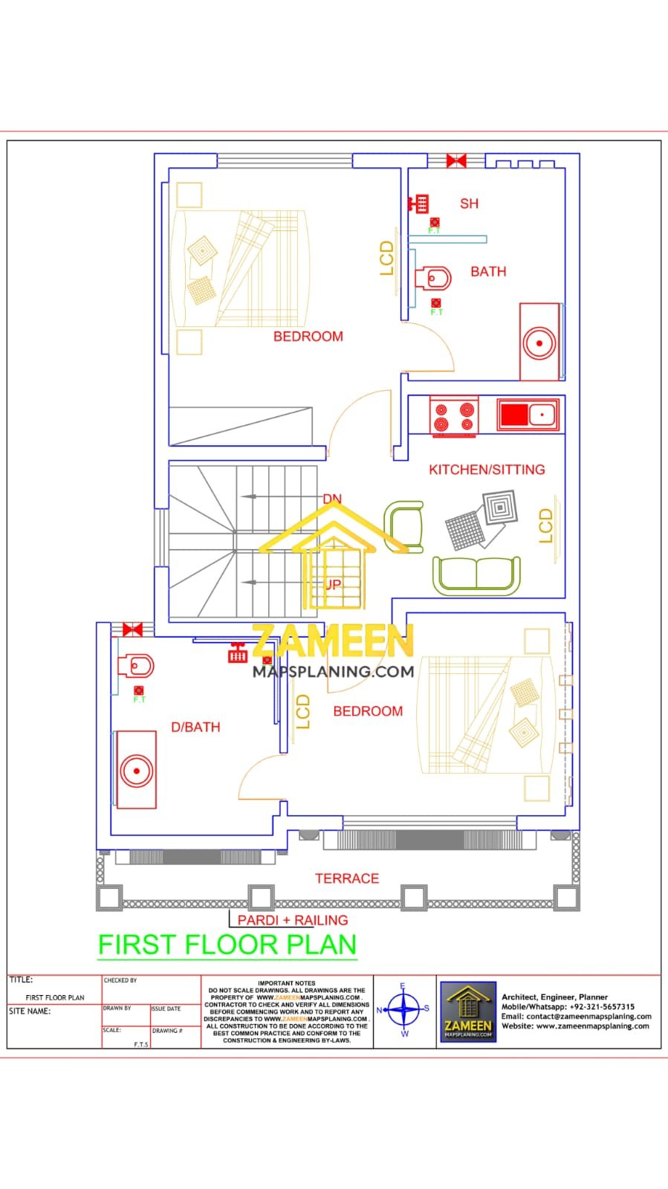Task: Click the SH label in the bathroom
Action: pyautogui.click(x=469, y=204)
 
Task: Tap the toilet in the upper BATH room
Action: pyautogui.click(x=434, y=279)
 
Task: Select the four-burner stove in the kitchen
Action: pyautogui.click(x=454, y=416)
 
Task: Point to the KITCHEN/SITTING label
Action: pyautogui.click(x=487, y=470)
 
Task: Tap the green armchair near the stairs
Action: pyautogui.click(x=404, y=527)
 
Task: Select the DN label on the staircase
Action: pyautogui.click(x=332, y=499)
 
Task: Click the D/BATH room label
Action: pyautogui.click(x=195, y=728)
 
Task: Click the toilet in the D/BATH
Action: pyautogui.click(x=137, y=666)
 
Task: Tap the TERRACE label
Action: pyautogui.click(x=347, y=878)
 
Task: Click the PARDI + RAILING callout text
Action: pyautogui.click(x=293, y=920)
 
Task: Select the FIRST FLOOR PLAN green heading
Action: pyautogui.click(x=227, y=945)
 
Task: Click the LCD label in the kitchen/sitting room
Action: pyautogui.click(x=546, y=525)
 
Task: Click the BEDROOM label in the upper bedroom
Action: pyautogui.click(x=308, y=337)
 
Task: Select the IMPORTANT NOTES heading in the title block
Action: pyautogui.click(x=287, y=983)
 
